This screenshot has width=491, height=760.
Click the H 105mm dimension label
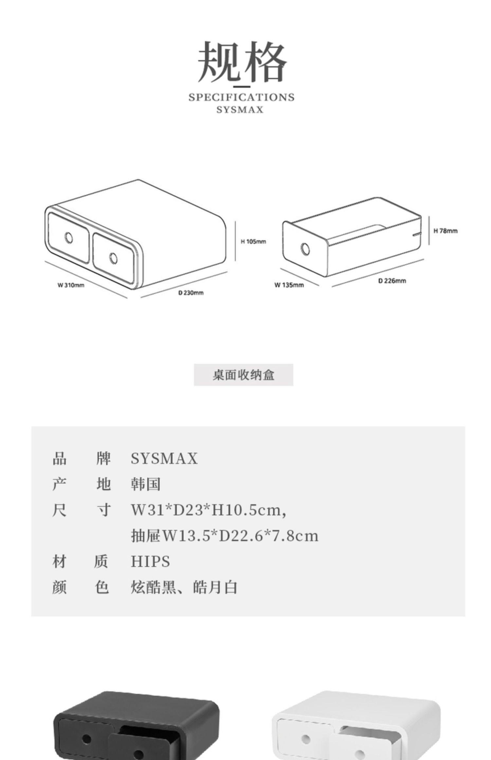(253, 242)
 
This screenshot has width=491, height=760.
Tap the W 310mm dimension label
(71, 285)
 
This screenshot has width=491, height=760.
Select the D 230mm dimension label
(191, 292)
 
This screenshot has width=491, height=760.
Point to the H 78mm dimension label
(445, 231)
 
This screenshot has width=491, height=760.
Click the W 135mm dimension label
(289, 285)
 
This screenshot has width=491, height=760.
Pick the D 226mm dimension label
(392, 280)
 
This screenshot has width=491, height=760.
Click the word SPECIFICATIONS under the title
(241, 97)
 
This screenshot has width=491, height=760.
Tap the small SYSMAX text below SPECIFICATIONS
(240, 109)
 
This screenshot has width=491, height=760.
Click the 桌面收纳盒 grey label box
(243, 375)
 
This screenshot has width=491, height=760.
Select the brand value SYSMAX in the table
(164, 458)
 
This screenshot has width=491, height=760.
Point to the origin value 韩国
(146, 484)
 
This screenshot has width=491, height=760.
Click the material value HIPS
(150, 561)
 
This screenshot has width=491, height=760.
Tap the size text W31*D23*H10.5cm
(209, 510)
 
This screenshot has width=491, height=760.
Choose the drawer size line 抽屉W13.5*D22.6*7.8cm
(225, 536)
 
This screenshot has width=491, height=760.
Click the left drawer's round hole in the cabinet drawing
(69, 238)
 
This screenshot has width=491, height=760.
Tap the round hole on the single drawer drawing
(305, 249)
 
